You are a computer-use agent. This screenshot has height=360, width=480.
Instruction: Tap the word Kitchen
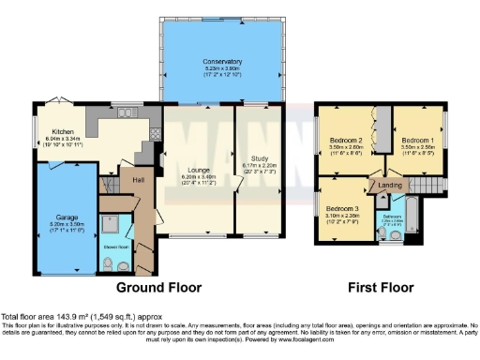tap(63, 131)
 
